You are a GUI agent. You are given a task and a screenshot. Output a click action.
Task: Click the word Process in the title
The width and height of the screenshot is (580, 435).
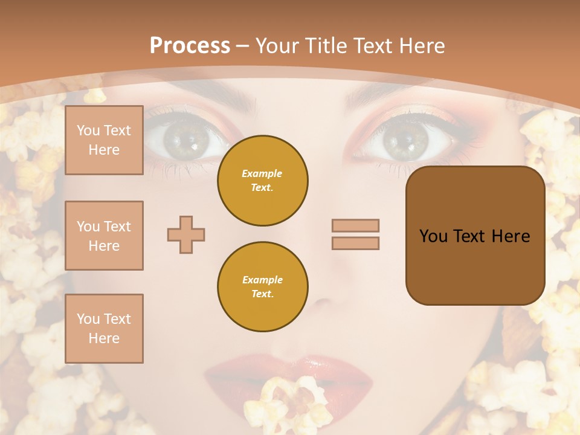pyautogui.click(x=190, y=46)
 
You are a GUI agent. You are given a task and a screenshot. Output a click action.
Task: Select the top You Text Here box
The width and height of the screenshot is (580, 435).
pyautogui.click(x=104, y=140)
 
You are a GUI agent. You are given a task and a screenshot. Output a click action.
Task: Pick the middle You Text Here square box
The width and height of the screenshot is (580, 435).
pyautogui.click(x=104, y=236)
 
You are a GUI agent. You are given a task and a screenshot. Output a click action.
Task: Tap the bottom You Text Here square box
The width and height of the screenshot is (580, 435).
pyautogui.click(x=104, y=329)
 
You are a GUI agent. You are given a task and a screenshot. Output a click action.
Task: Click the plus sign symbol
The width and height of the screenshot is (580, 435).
pyautogui.click(x=186, y=234)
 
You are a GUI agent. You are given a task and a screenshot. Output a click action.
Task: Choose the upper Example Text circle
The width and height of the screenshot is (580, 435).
pyautogui.click(x=262, y=181)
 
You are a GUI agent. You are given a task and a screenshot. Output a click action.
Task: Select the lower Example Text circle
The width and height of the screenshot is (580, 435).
pyautogui.click(x=262, y=287)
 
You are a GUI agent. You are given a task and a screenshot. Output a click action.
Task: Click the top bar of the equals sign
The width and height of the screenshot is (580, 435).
pyautogui.click(x=355, y=225)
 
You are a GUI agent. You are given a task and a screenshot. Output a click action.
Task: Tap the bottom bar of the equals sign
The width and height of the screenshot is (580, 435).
pyautogui.click(x=355, y=243)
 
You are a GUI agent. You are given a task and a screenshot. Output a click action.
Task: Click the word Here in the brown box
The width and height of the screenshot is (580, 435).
pyautogui.click(x=511, y=236)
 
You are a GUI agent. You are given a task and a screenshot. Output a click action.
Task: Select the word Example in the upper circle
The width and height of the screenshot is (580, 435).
pyautogui.click(x=262, y=173)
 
